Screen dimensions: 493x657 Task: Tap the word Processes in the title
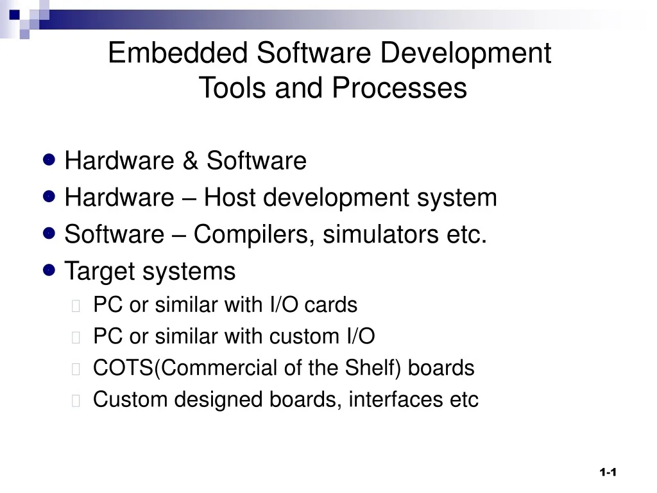(399, 89)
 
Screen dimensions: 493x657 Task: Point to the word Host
(230, 198)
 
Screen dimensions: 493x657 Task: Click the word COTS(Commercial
(167, 368)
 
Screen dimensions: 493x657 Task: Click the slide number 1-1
(608, 472)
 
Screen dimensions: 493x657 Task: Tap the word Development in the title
(465, 53)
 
